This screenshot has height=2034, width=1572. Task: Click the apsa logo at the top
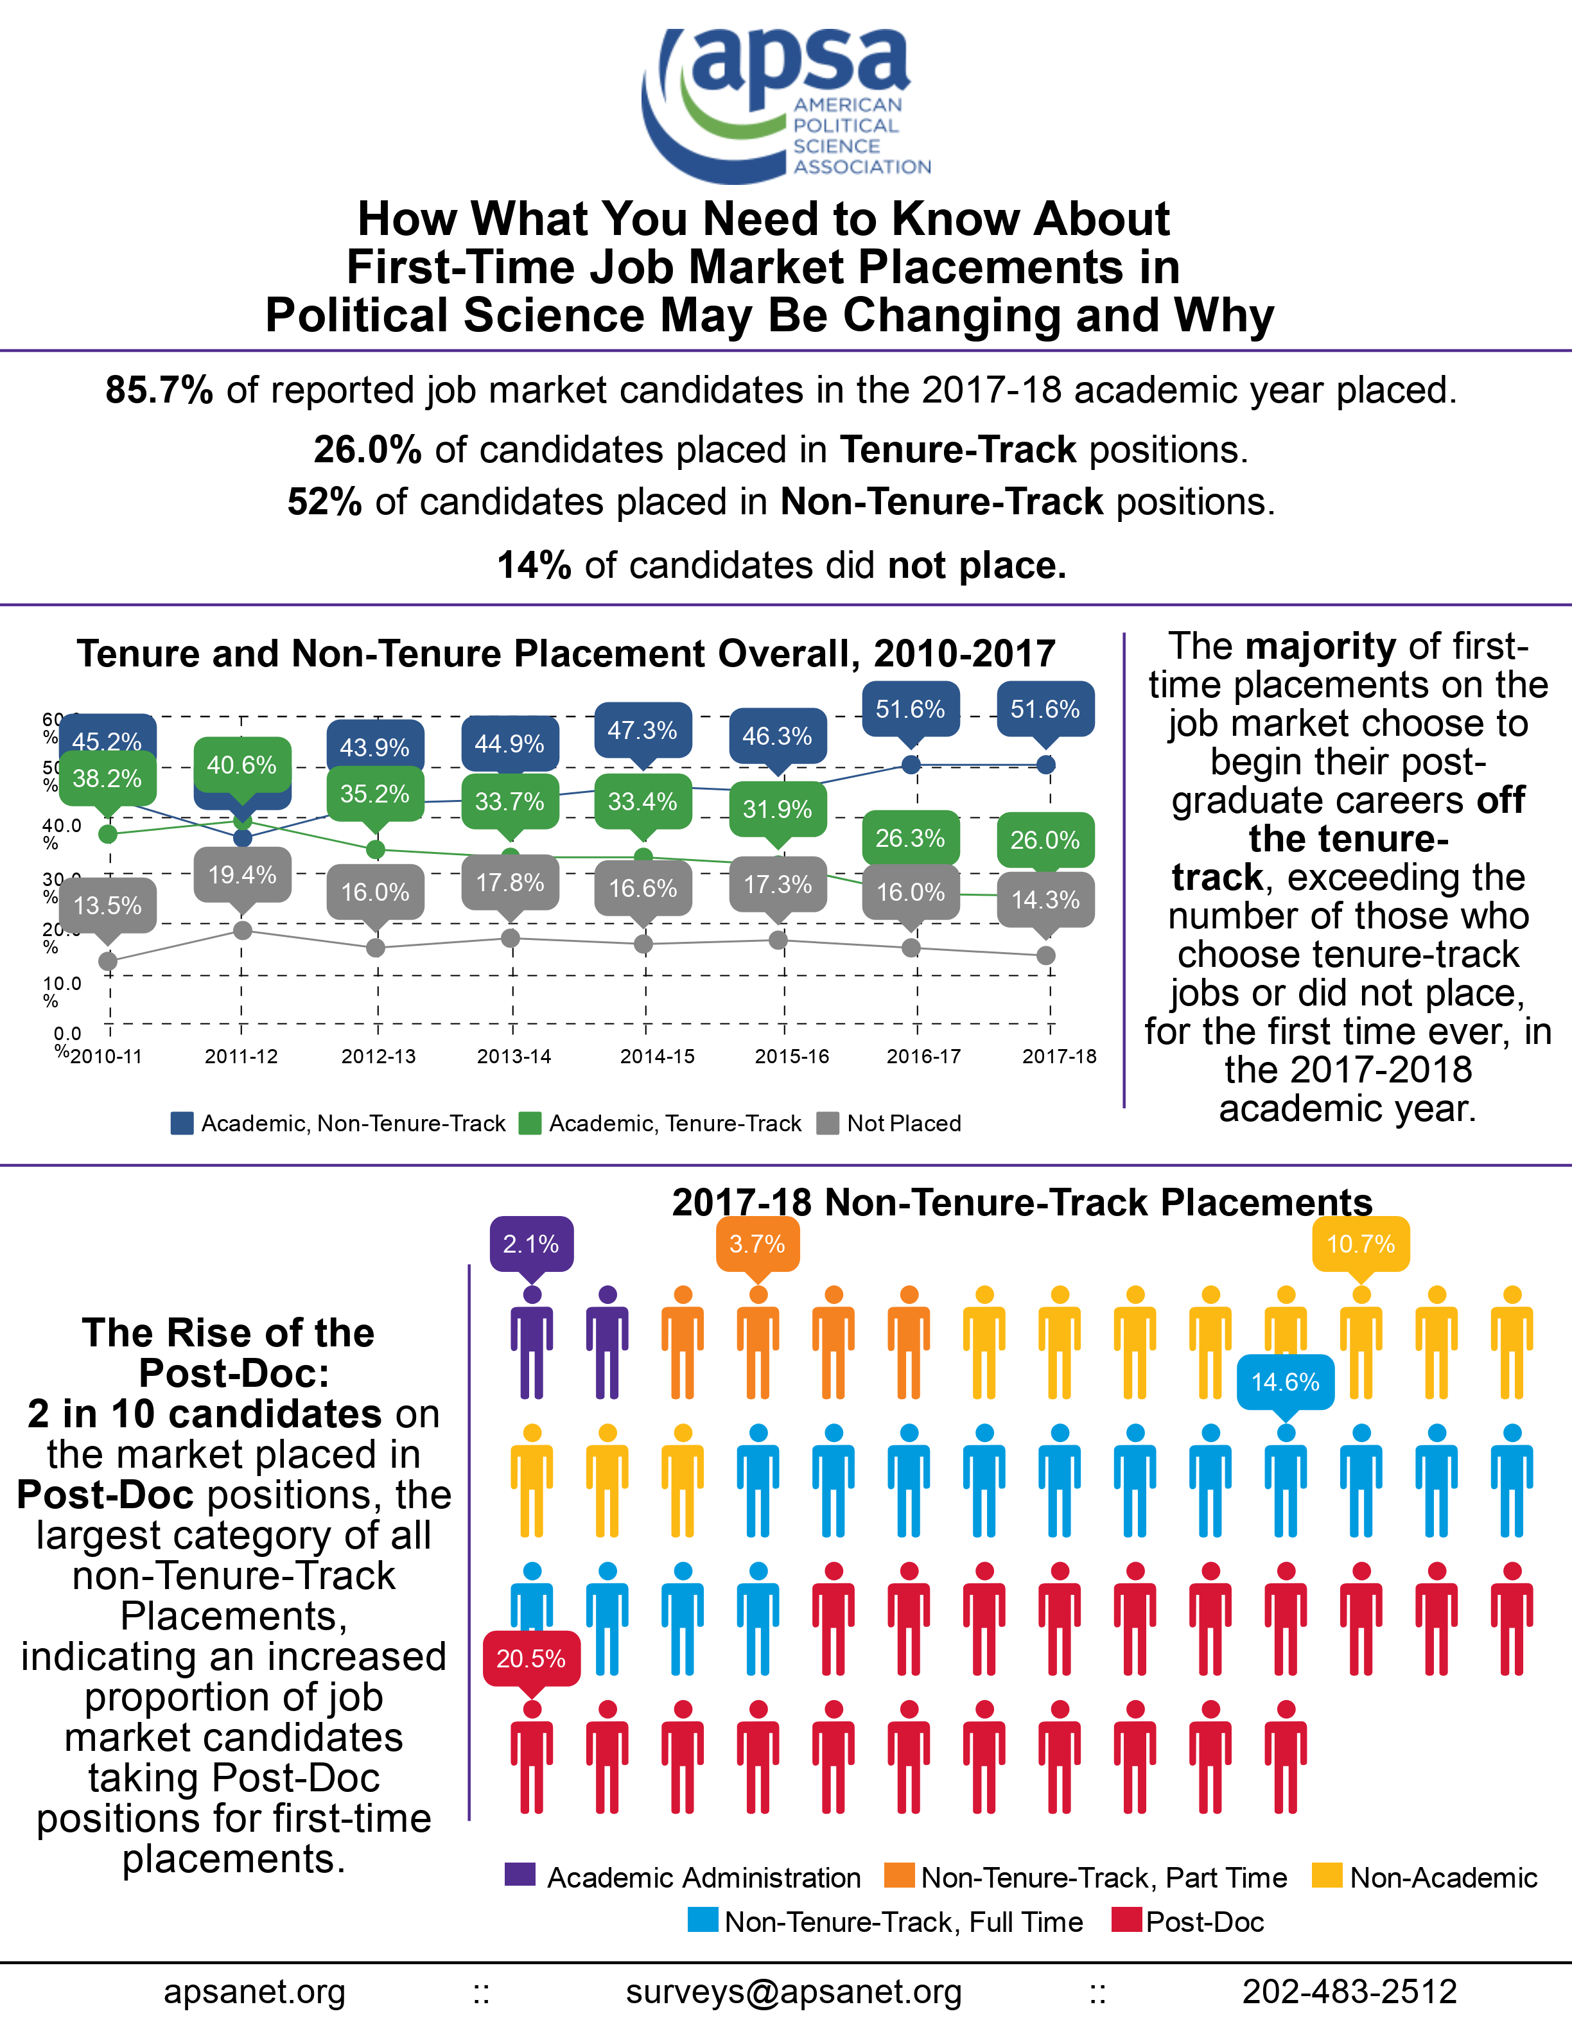tap(785, 104)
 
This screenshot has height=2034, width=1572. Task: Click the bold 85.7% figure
tap(159, 390)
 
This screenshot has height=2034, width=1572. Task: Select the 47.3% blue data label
tap(643, 730)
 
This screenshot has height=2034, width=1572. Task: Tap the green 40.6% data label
tap(242, 765)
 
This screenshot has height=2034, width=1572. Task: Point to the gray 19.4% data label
tap(242, 876)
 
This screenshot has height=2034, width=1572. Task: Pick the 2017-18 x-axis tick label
tap(1059, 1056)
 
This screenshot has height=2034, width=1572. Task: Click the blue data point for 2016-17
tap(912, 765)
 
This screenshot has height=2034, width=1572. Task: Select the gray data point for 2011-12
tap(242, 930)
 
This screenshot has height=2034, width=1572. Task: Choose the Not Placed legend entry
tap(889, 1123)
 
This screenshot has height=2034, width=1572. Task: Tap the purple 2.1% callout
tap(532, 1244)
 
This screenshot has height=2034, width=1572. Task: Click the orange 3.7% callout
tap(757, 1244)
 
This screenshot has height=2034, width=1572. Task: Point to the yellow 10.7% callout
tap(1361, 1244)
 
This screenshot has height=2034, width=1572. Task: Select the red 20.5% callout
tap(532, 1658)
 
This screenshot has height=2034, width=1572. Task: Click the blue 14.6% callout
tap(1285, 1382)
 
